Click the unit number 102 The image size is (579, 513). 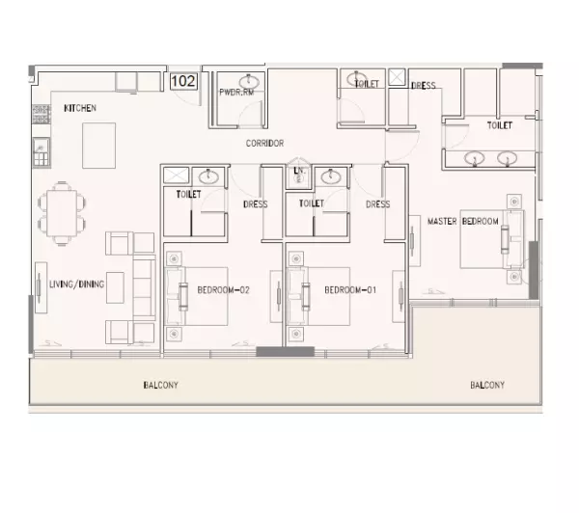183,81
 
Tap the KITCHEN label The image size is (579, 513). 80,108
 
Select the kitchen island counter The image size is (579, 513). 99,146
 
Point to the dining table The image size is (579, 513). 62,213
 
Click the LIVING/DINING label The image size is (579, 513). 77,284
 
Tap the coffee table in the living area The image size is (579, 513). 115,287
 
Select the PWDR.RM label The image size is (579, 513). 236,93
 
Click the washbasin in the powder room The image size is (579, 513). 249,81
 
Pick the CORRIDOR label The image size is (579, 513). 264,144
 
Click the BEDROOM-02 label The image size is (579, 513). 224,290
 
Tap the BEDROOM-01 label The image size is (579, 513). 350,290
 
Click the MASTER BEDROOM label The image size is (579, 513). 462,222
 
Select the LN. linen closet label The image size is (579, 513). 299,171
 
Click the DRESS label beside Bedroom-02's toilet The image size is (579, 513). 256,204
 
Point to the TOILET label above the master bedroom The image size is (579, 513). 500,125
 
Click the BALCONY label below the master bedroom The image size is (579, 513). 487,386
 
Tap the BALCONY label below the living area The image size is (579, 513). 160,386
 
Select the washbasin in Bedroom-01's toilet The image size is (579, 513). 331,176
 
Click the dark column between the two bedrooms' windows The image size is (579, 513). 285,351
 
